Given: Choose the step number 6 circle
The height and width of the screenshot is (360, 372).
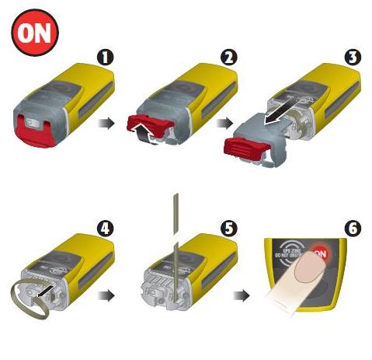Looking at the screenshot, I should click(353, 229).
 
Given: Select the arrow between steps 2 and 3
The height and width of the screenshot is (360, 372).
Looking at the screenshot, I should click(226, 121).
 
